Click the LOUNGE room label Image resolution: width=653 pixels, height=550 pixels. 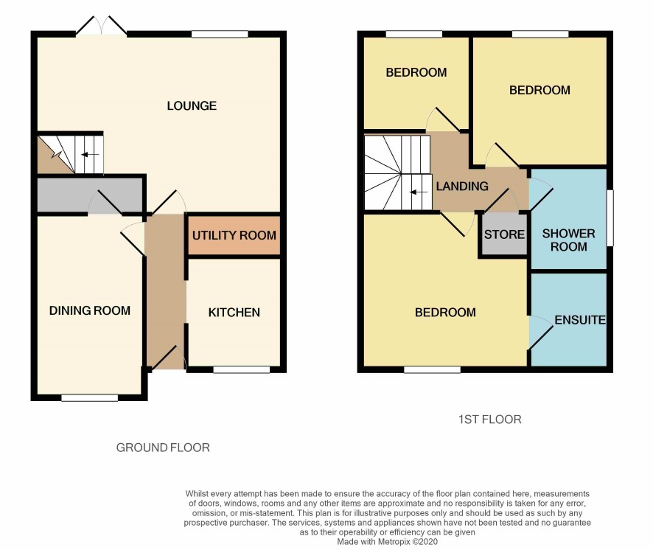click(192, 106)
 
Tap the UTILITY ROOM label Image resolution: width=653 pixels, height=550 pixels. click(234, 235)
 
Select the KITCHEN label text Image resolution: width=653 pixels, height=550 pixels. click(234, 313)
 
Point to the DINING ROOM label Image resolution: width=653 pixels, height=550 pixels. click(89, 310)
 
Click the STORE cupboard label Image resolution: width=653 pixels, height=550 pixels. click(504, 234)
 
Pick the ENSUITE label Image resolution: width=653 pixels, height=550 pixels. click(580, 320)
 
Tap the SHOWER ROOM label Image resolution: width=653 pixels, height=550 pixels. click(568, 240)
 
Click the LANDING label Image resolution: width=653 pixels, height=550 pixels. click(462, 187)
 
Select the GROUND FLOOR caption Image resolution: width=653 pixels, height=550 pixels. click(163, 448)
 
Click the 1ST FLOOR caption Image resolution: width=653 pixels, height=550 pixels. click(489, 420)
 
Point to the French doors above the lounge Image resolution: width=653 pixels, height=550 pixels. click(101, 26)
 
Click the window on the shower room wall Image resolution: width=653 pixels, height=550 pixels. click(610, 218)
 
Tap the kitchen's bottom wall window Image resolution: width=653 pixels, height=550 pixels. click(242, 369)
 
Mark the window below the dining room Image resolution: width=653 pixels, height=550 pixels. click(89, 397)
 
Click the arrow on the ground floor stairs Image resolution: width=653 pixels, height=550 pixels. click(90, 155)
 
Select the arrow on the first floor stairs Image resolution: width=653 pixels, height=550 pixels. click(419, 192)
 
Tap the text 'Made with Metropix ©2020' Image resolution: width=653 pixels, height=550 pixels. click(387, 542)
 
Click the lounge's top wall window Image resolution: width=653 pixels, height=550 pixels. click(220, 34)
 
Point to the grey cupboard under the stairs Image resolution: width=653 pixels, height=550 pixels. click(89, 195)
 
